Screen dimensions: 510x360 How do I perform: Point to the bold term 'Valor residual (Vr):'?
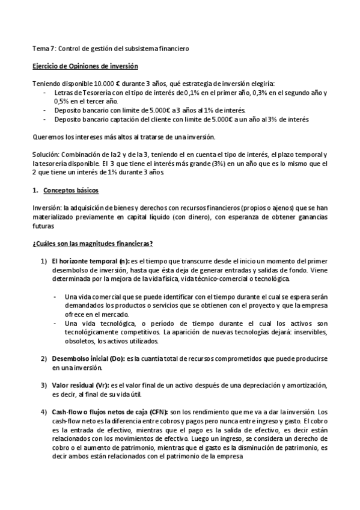tap(82, 385)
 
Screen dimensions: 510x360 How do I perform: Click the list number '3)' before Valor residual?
tap(44, 385)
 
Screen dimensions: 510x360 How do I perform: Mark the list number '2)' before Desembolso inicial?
tap(44, 358)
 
